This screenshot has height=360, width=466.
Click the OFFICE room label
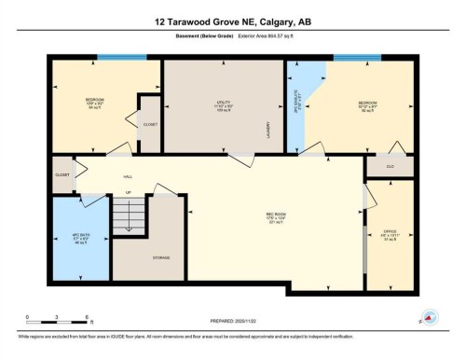389,229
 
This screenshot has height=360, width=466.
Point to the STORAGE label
161,257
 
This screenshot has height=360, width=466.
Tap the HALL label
128,175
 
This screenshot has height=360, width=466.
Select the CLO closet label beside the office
390,165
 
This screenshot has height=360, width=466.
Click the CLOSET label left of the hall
62,173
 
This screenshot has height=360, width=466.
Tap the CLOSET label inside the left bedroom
150,124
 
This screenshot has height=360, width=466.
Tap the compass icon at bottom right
431,317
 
